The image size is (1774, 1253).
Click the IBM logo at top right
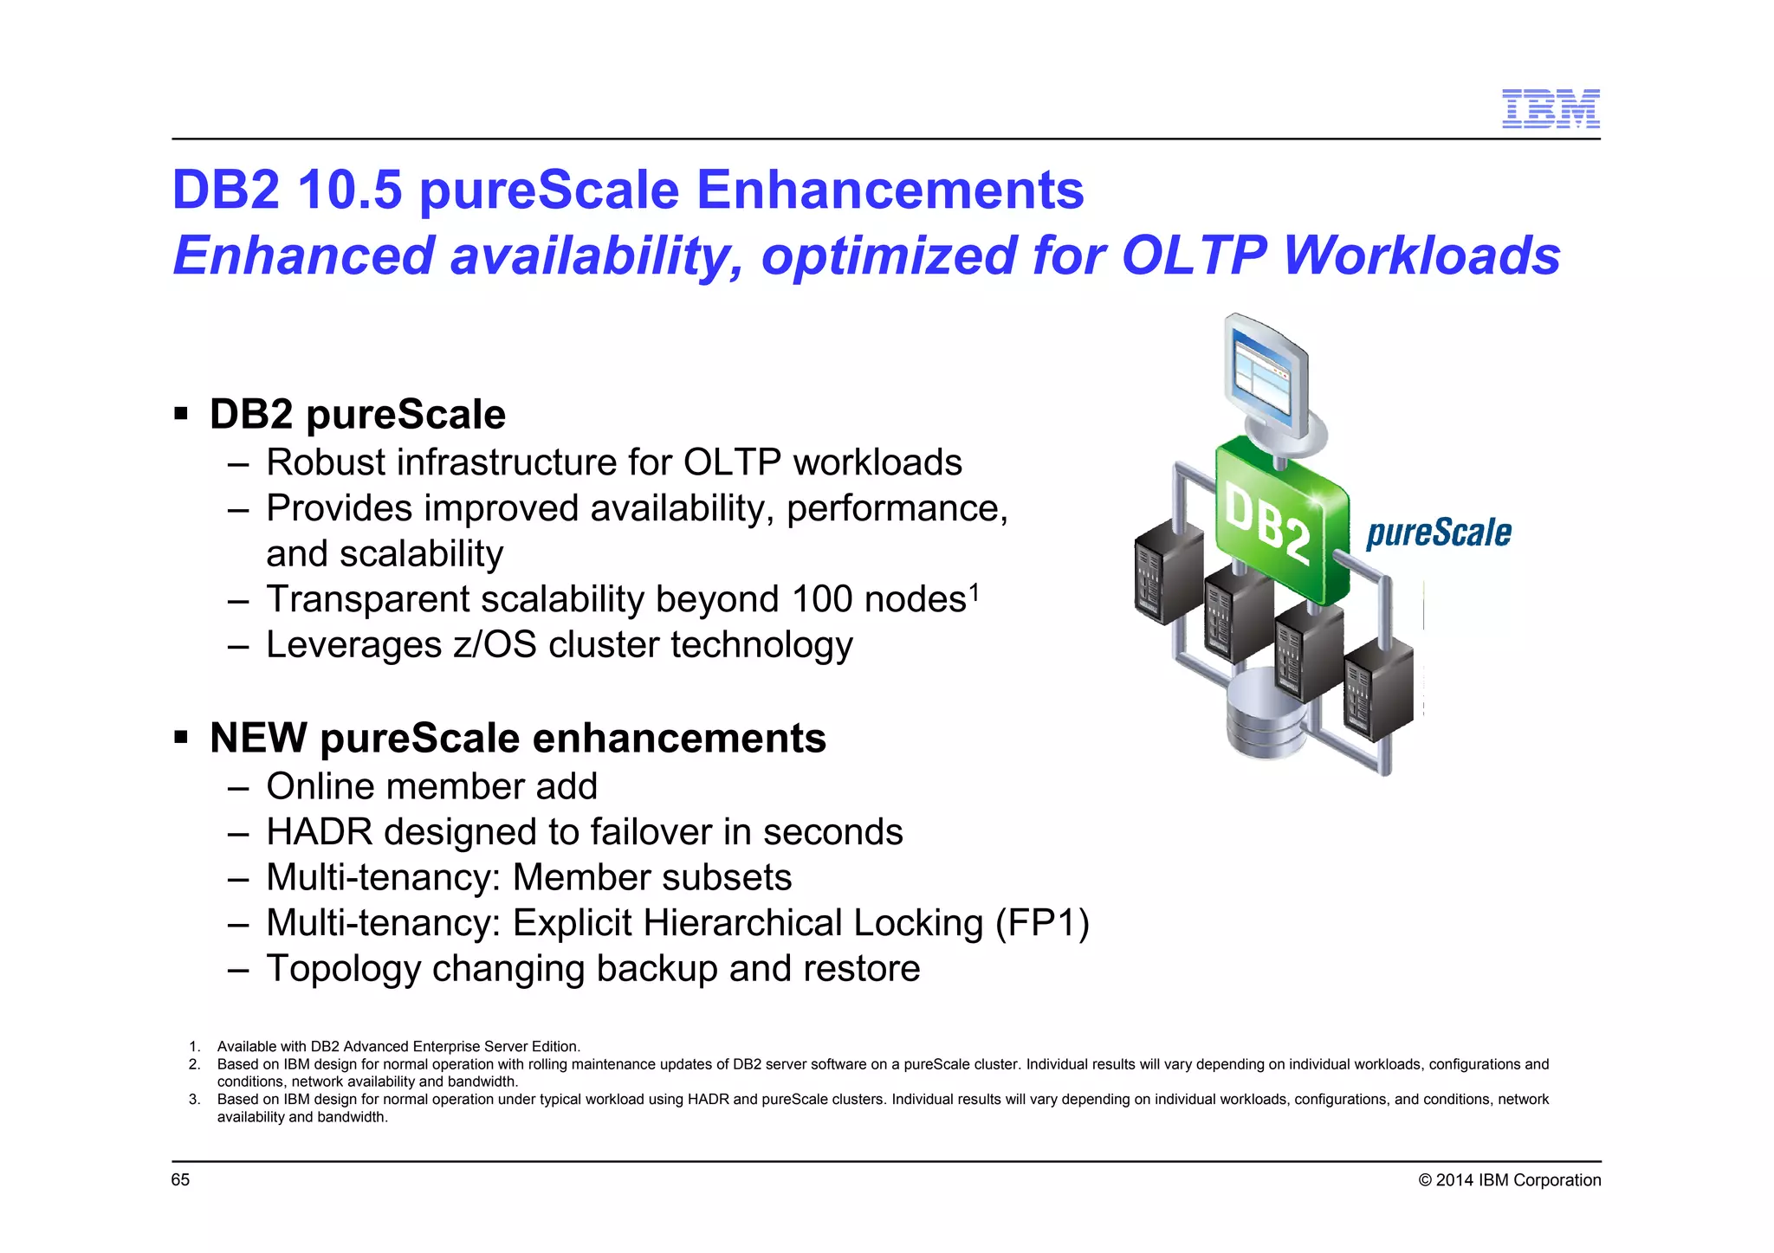(1551, 108)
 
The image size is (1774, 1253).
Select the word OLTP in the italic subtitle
(1193, 255)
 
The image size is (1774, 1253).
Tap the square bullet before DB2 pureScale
(181, 412)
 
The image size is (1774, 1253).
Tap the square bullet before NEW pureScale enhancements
(181, 737)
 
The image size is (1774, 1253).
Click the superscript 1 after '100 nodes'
(974, 591)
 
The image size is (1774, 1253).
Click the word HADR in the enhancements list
(319, 832)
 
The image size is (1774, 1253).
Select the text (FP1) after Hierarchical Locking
(1042, 923)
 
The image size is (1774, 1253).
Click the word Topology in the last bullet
(342, 969)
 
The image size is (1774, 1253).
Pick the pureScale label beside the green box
(1438, 533)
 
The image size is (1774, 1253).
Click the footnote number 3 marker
(194, 1100)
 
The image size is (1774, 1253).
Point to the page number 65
(180, 1180)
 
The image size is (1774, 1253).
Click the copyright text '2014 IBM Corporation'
(1518, 1180)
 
